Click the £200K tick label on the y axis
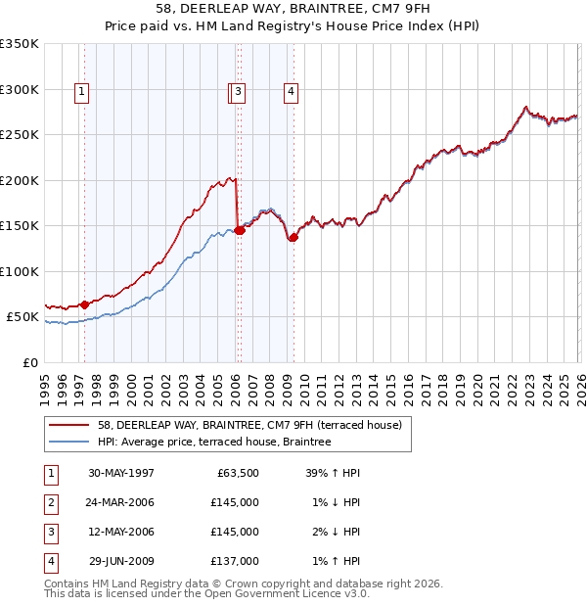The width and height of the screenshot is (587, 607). click(x=20, y=180)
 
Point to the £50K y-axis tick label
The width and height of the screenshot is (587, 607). click(x=23, y=317)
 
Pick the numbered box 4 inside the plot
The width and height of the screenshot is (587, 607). click(x=292, y=92)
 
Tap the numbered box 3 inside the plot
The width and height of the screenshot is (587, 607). click(x=239, y=92)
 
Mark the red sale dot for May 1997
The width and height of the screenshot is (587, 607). click(x=85, y=304)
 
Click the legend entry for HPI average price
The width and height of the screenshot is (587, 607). click(x=214, y=442)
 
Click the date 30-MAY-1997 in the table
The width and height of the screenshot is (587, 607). click(x=121, y=473)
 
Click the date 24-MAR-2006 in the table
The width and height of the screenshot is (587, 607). click(x=121, y=502)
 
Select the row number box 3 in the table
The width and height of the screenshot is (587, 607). click(x=50, y=532)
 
